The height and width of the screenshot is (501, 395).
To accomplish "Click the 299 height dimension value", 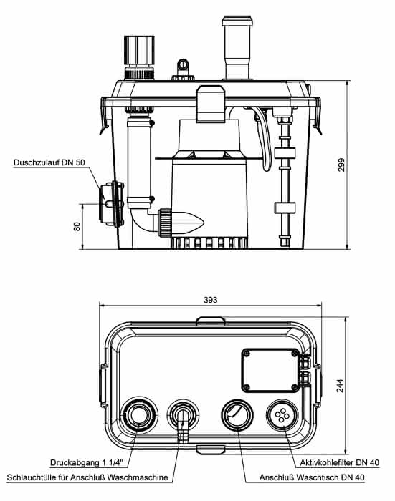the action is [341, 165].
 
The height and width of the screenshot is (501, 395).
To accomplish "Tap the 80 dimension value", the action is [77, 227].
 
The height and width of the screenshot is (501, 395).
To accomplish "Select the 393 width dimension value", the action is [210, 300].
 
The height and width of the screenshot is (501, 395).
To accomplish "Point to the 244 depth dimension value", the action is [340, 386].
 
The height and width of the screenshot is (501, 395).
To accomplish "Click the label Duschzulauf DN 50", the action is [49, 162].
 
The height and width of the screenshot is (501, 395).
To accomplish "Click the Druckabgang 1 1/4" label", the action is [87, 462].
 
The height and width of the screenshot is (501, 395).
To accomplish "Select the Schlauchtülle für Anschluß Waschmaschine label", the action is [87, 477].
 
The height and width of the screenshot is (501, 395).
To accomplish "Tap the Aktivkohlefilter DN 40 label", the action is [340, 462].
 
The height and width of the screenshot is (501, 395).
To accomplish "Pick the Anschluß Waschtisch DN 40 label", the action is [312, 477].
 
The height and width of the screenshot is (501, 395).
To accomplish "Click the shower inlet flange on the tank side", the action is [111, 204].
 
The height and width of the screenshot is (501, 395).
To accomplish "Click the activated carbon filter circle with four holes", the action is [282, 415].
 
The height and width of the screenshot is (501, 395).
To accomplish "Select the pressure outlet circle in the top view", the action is [138, 415].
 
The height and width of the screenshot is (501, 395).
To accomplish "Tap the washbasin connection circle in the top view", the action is [237, 415].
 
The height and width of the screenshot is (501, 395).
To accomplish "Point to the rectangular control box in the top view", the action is [270, 370].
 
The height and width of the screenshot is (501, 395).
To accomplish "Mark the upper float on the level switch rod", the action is [285, 152].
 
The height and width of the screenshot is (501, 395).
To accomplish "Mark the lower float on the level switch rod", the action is [285, 208].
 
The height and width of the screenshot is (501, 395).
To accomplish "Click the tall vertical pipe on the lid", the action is [237, 47].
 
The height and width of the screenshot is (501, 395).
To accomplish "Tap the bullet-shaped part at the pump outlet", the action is [188, 223].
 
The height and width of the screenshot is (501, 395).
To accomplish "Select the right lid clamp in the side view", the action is [316, 116].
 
